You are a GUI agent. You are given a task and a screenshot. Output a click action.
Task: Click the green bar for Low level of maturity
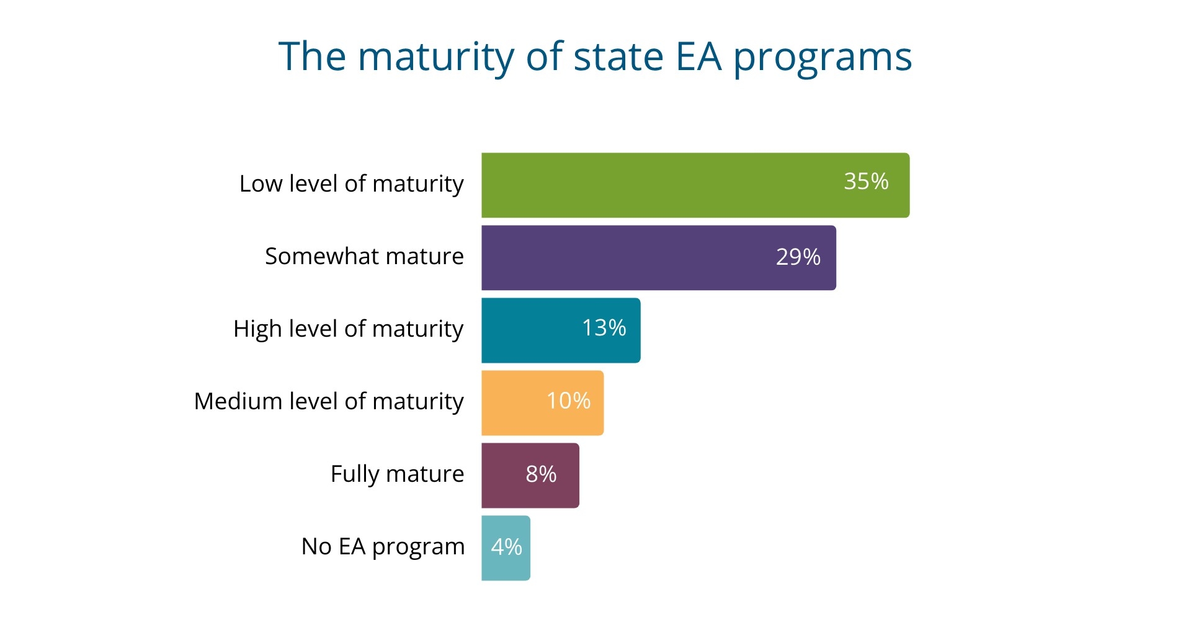[x=658, y=185]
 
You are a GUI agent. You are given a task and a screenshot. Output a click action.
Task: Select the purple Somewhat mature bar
[x=620, y=258]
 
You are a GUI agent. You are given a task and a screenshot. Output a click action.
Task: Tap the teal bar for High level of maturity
[x=527, y=330]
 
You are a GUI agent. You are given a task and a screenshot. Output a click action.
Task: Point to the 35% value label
[x=866, y=182]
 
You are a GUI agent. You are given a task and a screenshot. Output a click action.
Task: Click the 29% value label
[x=798, y=257]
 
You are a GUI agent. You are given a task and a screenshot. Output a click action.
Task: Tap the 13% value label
[x=604, y=328]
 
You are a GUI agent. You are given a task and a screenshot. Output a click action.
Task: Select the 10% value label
[x=568, y=401]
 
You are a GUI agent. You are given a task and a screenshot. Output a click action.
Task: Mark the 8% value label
[x=541, y=474]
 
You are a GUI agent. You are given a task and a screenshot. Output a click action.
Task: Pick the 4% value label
[x=506, y=547]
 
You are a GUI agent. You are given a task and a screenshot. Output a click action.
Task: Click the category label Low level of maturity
[x=351, y=184]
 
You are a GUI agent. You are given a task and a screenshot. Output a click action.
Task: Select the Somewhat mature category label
[x=364, y=256]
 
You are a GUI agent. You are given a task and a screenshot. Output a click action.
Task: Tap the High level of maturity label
[x=348, y=329]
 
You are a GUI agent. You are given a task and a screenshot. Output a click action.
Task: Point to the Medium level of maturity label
[x=329, y=401]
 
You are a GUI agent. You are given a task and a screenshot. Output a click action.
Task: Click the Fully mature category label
[x=397, y=474]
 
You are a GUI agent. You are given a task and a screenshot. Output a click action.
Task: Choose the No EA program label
[x=383, y=546]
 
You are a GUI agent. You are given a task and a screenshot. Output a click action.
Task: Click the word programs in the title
[x=823, y=58]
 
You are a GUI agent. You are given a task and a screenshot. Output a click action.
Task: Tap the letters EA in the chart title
[x=698, y=56]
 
